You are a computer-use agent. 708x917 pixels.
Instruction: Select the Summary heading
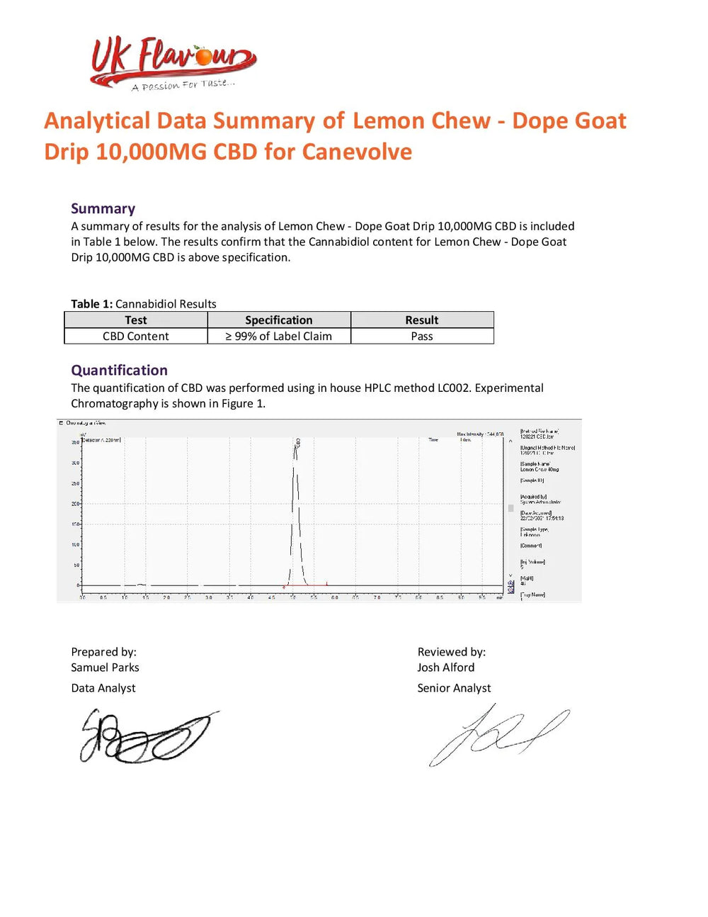(x=103, y=208)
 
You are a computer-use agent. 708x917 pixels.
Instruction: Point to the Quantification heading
(x=119, y=370)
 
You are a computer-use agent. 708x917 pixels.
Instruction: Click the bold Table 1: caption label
(x=91, y=304)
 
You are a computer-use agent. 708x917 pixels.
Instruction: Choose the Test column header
(x=135, y=320)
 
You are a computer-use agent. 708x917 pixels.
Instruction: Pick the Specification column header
(x=278, y=320)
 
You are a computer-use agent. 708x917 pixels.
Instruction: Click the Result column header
(x=421, y=320)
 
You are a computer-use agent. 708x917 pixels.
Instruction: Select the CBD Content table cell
(x=135, y=337)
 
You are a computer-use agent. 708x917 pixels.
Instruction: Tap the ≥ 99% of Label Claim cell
(x=278, y=337)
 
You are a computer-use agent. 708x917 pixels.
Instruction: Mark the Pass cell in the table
(x=421, y=337)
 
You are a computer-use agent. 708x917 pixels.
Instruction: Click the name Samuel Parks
(x=105, y=668)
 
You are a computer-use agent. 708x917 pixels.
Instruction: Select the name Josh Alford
(x=445, y=668)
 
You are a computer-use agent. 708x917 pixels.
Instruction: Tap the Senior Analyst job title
(x=454, y=688)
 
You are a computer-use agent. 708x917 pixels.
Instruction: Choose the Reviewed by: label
(x=451, y=652)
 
